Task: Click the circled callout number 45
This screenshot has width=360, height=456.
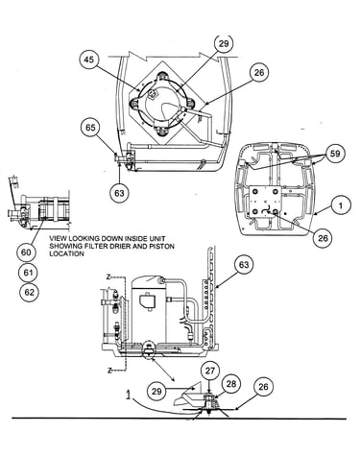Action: pos(90,60)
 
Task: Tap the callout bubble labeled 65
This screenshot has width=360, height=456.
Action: pos(90,128)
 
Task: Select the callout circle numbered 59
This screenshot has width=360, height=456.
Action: pos(335,154)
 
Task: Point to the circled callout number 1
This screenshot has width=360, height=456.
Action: pos(340,205)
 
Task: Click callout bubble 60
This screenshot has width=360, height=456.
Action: pos(26,252)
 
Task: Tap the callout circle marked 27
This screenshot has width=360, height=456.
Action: pos(210,372)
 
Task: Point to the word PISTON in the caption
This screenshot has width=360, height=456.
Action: pos(162,247)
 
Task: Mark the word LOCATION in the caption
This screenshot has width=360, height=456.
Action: pos(66,253)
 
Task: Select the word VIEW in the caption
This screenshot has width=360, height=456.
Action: pos(59,239)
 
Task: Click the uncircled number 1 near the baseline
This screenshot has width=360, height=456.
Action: pos(129,396)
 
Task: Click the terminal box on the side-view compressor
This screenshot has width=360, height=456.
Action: pos(148,302)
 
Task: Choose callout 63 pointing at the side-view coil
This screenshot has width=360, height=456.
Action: pos(244,265)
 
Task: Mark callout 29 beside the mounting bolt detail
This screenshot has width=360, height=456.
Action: pos(157,392)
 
